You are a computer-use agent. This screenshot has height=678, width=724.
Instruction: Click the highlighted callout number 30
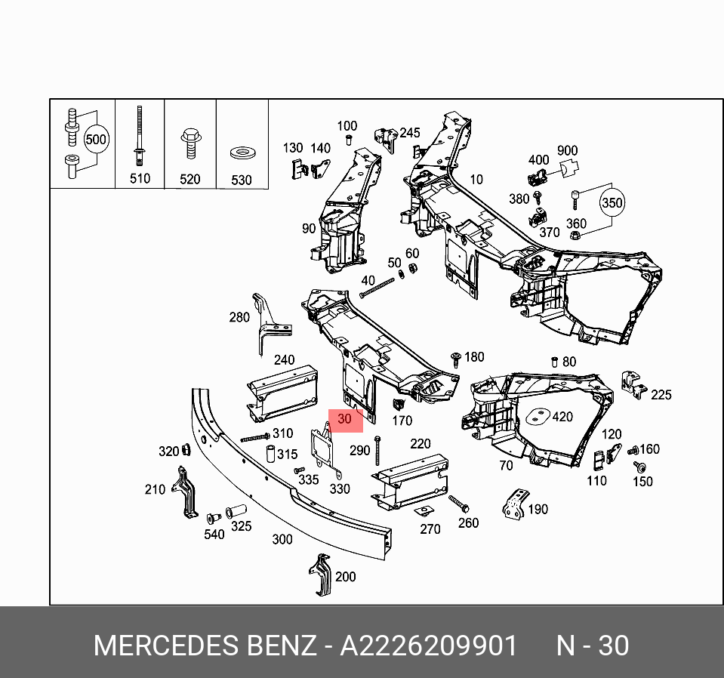(x=345, y=419)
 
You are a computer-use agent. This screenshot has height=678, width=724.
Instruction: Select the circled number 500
(x=96, y=140)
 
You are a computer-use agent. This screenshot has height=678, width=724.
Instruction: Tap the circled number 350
(x=612, y=203)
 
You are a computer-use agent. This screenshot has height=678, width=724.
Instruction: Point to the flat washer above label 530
(x=242, y=154)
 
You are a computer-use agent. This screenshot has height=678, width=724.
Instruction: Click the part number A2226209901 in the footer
(x=429, y=646)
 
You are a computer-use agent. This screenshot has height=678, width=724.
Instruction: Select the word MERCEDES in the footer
(x=165, y=646)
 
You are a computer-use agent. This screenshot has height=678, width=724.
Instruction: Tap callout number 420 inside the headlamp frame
(x=562, y=417)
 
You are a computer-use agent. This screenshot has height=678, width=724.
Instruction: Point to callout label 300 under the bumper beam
(x=282, y=539)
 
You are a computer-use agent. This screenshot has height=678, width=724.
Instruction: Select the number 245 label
(x=409, y=133)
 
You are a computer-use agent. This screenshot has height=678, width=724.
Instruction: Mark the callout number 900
(x=567, y=151)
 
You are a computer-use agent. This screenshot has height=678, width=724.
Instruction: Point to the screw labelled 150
(x=639, y=467)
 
